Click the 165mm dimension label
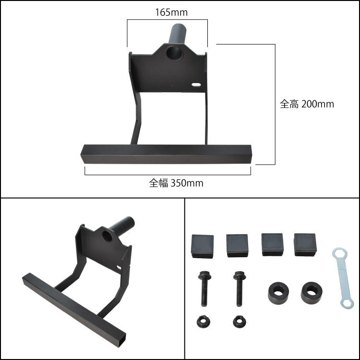coord(171,12)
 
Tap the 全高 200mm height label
coord(307,104)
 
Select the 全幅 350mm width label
coord(176,183)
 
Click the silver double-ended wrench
coord(343,278)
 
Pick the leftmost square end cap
coord(202,246)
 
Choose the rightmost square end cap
coord(305,245)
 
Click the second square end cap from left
coord(237,245)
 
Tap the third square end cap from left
coord(272,244)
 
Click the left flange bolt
coord(204,288)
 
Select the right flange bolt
coord(239,288)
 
